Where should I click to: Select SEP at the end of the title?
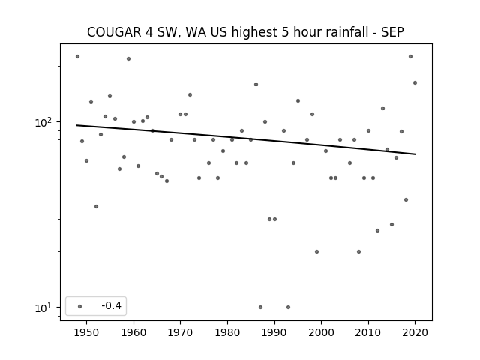(x=392, y=32)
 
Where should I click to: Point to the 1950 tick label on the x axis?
(x=87, y=332)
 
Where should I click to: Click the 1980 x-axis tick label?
(x=227, y=332)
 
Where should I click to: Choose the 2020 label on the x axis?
(x=415, y=332)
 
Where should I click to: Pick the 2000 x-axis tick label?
(x=322, y=332)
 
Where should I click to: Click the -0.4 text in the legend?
(x=112, y=305)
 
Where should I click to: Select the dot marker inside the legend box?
(x=80, y=306)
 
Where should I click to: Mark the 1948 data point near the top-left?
(x=77, y=57)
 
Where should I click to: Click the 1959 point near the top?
(x=128, y=58)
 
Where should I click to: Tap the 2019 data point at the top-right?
(x=410, y=57)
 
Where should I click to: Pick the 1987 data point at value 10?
(x=260, y=307)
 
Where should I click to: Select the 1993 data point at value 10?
(x=288, y=307)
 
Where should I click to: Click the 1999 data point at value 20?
(x=316, y=252)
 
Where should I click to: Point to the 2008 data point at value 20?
(x=358, y=252)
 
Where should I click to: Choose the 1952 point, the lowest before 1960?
(x=97, y=207)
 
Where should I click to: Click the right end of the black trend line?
(x=415, y=154)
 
